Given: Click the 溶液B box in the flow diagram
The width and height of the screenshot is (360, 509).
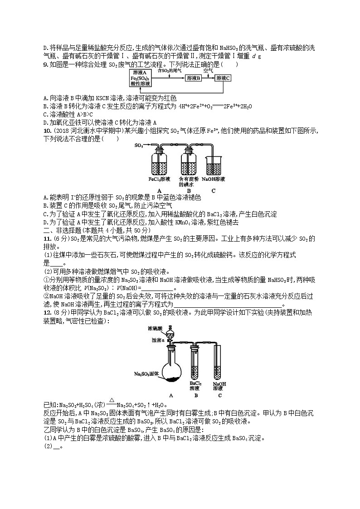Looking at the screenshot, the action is tap(193, 78).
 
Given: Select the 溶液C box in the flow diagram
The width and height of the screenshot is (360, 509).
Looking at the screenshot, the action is tap(223, 78).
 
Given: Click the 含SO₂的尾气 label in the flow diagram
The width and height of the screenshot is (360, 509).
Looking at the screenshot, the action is tap(169, 71).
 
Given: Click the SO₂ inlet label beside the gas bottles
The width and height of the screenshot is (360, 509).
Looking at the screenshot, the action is tap(139, 146).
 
